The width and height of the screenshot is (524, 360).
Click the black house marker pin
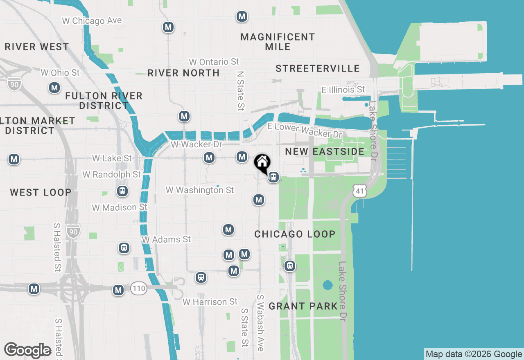click(x=262, y=162)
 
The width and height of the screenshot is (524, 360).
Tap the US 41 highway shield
click(x=359, y=190)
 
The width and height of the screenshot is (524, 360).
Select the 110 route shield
click(x=139, y=289)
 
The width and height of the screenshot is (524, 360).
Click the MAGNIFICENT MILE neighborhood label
click(x=278, y=42)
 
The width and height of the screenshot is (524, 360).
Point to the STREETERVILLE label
click(x=317, y=68)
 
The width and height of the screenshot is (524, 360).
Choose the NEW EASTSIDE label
click(x=325, y=152)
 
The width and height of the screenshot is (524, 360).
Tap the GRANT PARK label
click(x=303, y=306)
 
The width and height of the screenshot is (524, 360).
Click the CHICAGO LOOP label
click(x=295, y=234)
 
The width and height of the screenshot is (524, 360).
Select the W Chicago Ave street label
click(x=92, y=20)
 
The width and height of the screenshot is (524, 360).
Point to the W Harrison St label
click(x=210, y=302)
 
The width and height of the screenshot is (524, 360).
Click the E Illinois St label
click(x=343, y=89)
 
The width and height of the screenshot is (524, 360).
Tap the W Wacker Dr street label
click(x=196, y=144)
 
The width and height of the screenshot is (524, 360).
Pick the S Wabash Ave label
click(x=260, y=323)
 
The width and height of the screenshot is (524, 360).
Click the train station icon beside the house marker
click(x=273, y=178)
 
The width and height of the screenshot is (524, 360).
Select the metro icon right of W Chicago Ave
click(x=168, y=27)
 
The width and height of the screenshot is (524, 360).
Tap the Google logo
click(x=28, y=350)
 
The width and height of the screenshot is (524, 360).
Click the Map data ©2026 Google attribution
click(x=474, y=354)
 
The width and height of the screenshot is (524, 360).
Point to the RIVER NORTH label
click(x=183, y=73)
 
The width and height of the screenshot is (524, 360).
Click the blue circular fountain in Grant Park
click(x=327, y=285)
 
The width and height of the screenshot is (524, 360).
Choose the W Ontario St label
click(x=214, y=62)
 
